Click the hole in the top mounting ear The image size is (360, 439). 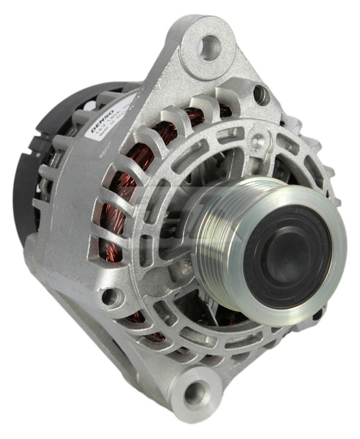pos(209,48)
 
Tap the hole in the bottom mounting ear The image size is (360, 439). pos(194,394)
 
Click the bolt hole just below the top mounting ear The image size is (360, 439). pos(260,93)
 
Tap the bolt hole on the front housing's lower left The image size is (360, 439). pos(110,296)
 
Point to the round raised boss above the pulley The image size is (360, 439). pos(261,139)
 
